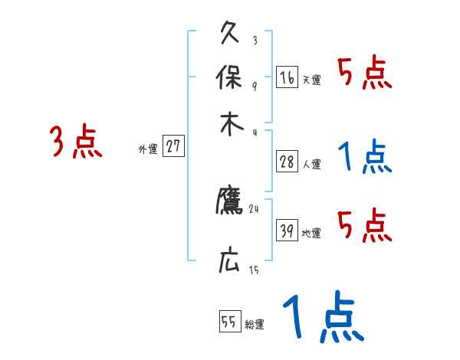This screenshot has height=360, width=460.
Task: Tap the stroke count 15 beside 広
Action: point(253,270)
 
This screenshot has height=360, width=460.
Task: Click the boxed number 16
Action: point(287,77)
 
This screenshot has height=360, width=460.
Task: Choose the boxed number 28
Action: point(287,162)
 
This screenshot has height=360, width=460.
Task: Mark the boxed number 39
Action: point(287,231)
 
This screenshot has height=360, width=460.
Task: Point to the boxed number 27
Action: point(173,146)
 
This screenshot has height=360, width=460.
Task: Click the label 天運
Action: point(311,80)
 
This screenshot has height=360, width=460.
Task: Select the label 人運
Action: point(311,164)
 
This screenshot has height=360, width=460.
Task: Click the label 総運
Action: point(255,326)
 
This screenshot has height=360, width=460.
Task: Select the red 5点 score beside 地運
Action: point(364,226)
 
